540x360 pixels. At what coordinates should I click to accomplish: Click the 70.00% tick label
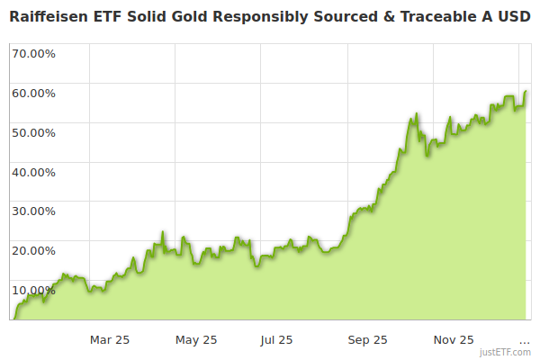pos(33,53)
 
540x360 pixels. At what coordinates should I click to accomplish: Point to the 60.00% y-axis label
pos(33,93)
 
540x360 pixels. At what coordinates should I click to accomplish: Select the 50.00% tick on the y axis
pos(33,132)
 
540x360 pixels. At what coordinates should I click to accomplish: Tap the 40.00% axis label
pos(33,172)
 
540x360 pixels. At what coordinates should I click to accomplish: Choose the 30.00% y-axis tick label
pos(33,211)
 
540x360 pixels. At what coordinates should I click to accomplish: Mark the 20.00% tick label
pos(33,251)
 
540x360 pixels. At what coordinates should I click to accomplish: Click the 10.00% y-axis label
pos(33,290)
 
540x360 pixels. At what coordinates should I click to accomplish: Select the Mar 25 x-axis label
pos(110,339)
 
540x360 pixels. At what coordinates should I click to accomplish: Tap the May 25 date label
pos(196,339)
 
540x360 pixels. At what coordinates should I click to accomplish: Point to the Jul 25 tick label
pos(276,339)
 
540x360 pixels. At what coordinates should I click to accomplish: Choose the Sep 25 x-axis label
pos(367,339)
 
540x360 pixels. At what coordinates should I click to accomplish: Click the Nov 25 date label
pos(454,339)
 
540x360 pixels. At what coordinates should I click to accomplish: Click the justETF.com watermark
pos(506,353)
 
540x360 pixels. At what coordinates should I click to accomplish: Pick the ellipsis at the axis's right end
pos(525,340)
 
